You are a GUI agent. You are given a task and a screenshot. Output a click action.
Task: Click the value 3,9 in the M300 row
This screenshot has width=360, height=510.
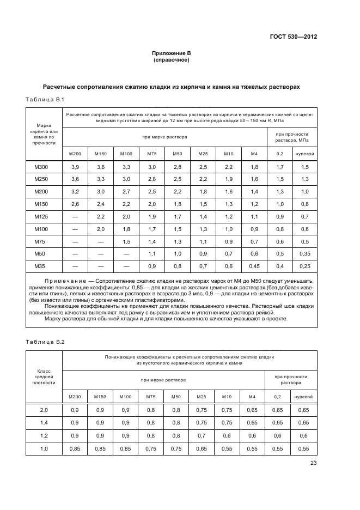(75, 166)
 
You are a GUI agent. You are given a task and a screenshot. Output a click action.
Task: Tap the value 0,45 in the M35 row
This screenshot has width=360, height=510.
(254, 266)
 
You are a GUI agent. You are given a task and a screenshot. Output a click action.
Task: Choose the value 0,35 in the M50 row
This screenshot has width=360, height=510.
(304, 253)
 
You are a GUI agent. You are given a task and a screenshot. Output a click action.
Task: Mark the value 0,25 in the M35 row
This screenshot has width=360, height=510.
(304, 266)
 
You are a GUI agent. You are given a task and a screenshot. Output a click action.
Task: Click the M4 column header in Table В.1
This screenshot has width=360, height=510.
(254, 154)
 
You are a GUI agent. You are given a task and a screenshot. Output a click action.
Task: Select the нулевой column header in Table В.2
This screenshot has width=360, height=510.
(304, 397)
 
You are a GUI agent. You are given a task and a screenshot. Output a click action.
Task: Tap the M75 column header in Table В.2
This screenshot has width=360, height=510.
(152, 397)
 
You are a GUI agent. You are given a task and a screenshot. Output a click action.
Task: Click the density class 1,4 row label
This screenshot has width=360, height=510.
(44, 422)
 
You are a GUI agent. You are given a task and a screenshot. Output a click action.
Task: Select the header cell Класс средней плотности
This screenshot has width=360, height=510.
(44, 377)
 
